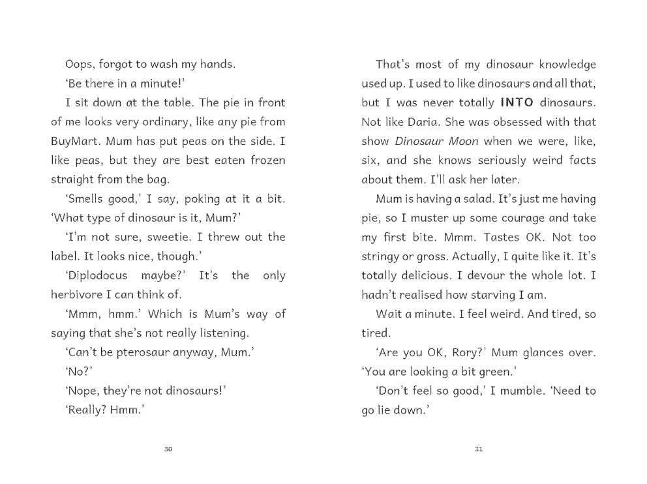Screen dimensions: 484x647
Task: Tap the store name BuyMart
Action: click(x=75, y=141)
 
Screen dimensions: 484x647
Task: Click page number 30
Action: click(x=168, y=449)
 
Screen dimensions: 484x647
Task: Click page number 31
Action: click(x=479, y=449)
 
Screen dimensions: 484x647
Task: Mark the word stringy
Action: click(x=383, y=256)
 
